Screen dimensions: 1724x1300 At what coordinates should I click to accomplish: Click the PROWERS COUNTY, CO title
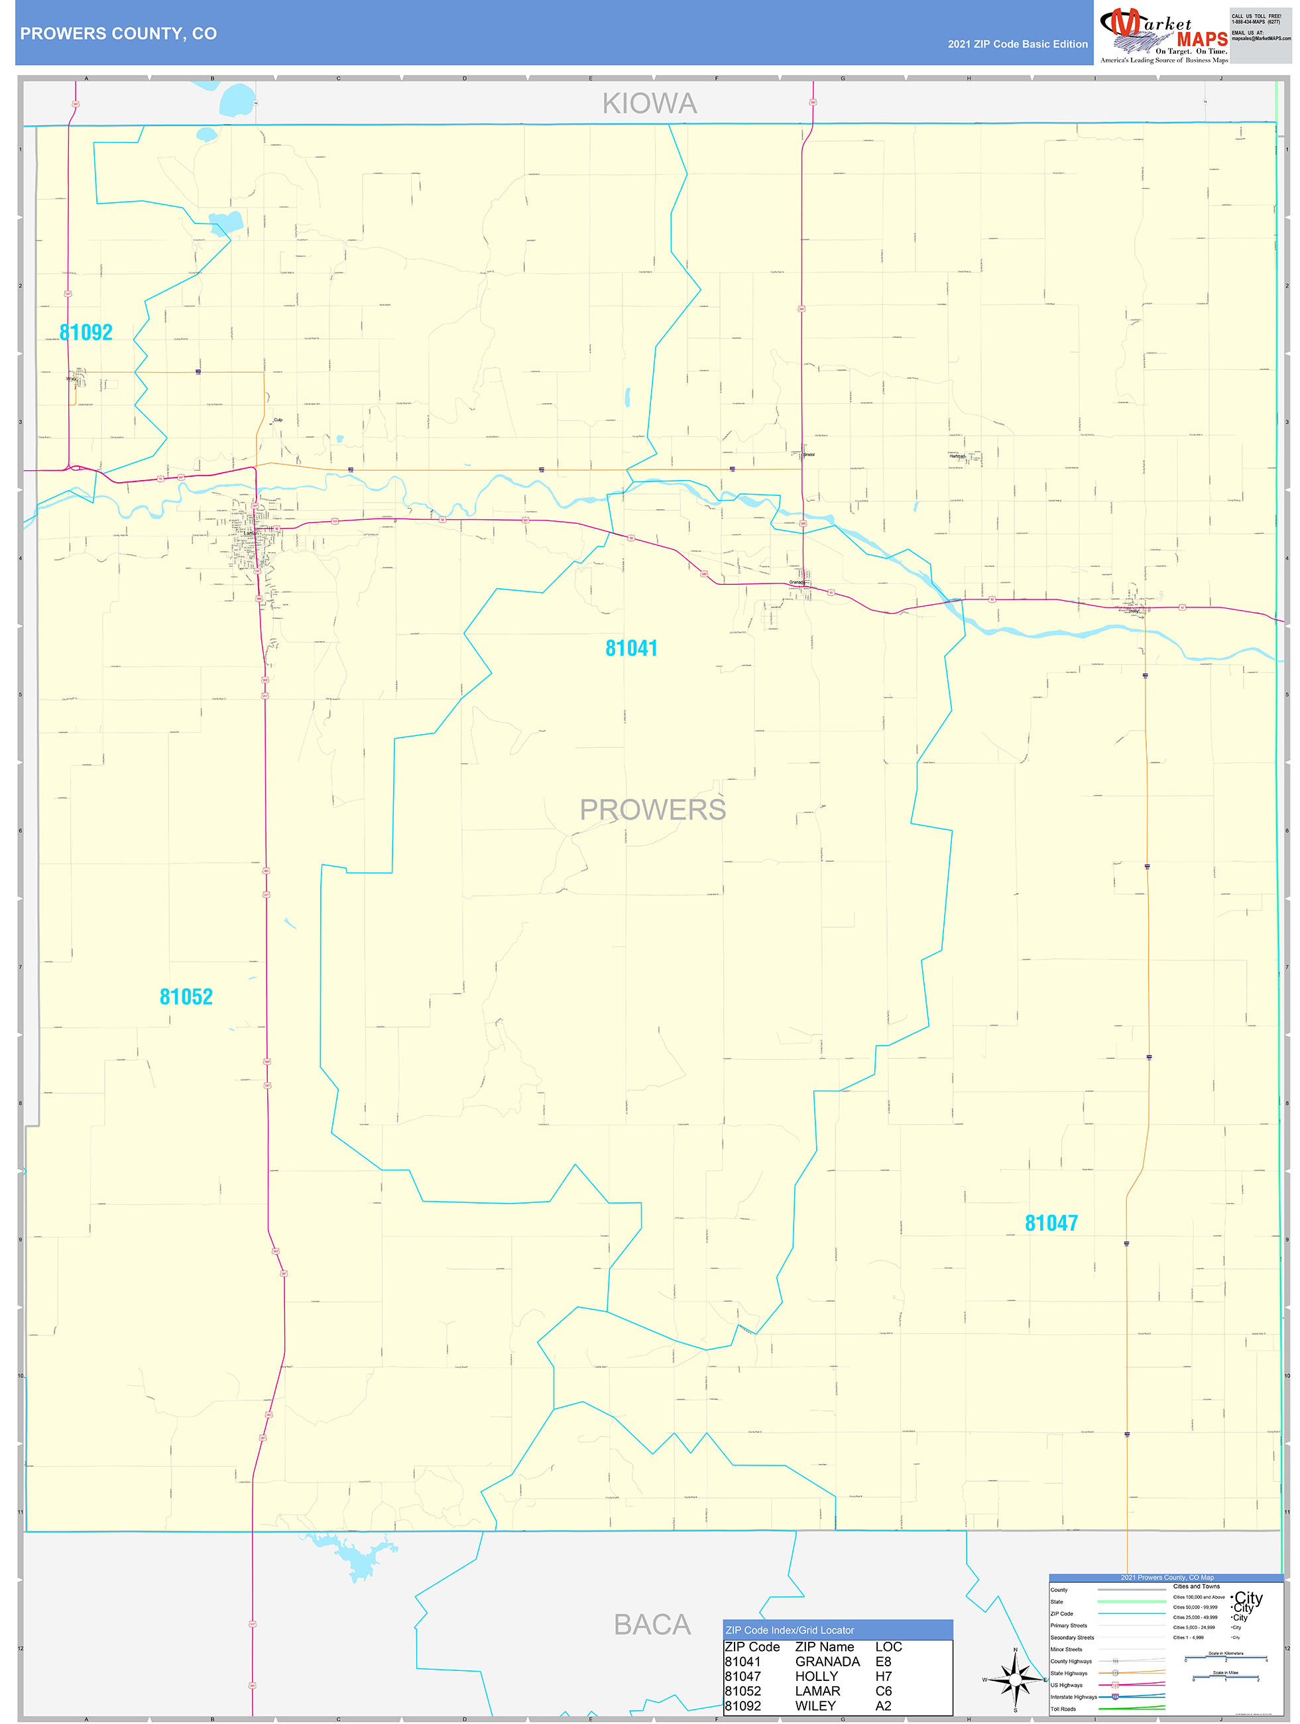point(119,34)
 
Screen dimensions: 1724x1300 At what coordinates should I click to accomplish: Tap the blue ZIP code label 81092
point(86,333)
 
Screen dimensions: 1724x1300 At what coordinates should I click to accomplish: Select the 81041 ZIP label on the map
point(631,648)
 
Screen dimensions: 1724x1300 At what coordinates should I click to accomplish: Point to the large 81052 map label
point(186,997)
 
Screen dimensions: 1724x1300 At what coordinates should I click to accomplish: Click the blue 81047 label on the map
point(1051,1223)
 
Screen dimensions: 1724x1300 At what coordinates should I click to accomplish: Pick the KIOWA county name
point(649,103)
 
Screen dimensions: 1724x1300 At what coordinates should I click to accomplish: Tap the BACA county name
point(652,1625)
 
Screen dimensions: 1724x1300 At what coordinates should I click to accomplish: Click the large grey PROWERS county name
point(652,810)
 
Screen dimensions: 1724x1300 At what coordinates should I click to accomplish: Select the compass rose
point(1015,1680)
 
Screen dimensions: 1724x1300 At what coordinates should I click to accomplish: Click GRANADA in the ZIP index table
point(827,1662)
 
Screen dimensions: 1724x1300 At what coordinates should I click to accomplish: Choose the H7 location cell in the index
point(883,1676)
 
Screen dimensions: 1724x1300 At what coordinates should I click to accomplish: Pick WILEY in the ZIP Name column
point(815,1706)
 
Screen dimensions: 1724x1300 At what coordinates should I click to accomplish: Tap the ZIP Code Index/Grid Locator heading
point(790,1630)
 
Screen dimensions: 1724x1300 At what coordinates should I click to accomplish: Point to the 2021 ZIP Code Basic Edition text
point(1017,44)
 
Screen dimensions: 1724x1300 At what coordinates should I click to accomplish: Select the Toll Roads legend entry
point(1063,1709)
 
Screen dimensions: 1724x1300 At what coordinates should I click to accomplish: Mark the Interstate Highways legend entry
point(1073,1697)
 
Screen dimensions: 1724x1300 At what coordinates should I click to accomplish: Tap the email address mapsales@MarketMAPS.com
point(1260,38)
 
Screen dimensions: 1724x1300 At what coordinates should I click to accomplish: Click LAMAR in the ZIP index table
point(817,1692)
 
